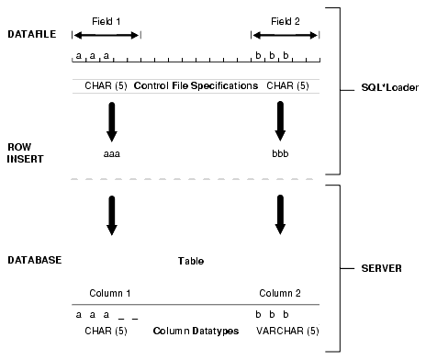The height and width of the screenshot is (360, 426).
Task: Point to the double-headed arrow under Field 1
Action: point(106,35)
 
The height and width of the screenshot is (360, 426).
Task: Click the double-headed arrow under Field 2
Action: point(286,35)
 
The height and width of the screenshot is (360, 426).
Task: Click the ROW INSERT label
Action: point(21,152)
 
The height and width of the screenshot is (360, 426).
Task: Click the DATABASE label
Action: point(33,260)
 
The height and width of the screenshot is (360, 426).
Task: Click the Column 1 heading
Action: point(110,293)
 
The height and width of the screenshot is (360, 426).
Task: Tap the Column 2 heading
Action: point(279,293)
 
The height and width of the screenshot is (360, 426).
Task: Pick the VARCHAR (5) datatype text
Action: point(282,329)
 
